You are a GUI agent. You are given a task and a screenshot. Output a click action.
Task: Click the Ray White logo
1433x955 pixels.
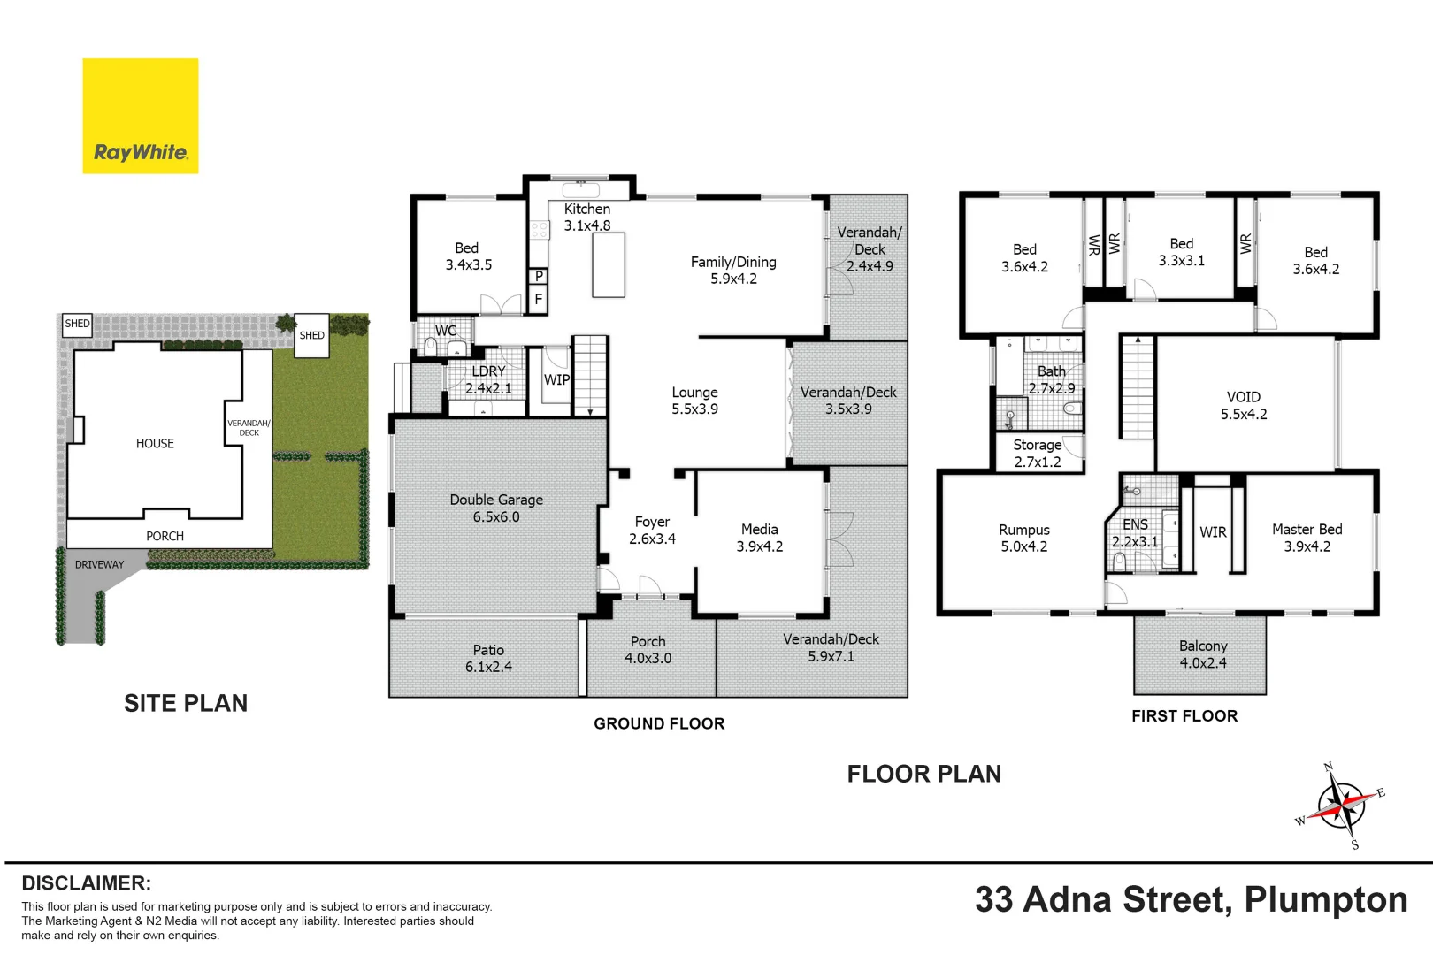tap(140, 116)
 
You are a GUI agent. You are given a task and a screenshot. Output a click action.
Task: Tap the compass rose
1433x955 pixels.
tap(1341, 806)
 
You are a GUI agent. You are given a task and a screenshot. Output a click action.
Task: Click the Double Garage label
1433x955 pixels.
tap(496, 508)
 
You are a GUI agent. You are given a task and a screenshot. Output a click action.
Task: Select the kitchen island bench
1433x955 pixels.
tap(609, 264)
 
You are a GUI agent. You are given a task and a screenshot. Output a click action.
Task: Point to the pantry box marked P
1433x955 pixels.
tap(539, 276)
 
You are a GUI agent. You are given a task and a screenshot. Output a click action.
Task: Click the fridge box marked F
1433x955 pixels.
tap(539, 299)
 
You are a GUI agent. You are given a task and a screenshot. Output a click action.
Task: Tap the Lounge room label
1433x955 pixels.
tap(694, 401)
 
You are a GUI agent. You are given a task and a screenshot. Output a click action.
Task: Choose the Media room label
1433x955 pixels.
tap(759, 538)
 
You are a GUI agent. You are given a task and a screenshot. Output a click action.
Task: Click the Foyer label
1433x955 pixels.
tap(652, 531)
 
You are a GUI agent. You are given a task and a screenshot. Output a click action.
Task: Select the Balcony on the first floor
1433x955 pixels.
tap(1200, 655)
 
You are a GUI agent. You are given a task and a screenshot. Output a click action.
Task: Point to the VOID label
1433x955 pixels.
tap(1244, 406)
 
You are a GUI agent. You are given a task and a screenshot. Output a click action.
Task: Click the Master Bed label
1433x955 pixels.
tap(1307, 538)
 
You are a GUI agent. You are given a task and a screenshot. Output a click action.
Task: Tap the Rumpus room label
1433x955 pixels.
tap(1024, 538)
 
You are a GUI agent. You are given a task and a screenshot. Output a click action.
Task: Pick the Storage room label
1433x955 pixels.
tap(1038, 453)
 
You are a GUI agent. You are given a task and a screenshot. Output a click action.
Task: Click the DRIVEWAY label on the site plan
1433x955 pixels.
tap(99, 564)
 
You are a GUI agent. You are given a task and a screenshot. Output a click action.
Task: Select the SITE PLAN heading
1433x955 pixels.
tap(186, 703)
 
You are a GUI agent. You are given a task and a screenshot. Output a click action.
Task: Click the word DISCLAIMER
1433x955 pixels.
tap(87, 883)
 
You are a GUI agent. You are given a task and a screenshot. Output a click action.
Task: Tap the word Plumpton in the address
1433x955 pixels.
tap(1325, 900)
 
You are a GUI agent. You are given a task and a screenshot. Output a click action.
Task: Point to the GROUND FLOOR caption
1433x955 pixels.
tap(659, 723)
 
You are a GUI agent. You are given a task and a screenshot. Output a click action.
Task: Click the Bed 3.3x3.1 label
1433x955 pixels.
tap(1182, 252)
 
